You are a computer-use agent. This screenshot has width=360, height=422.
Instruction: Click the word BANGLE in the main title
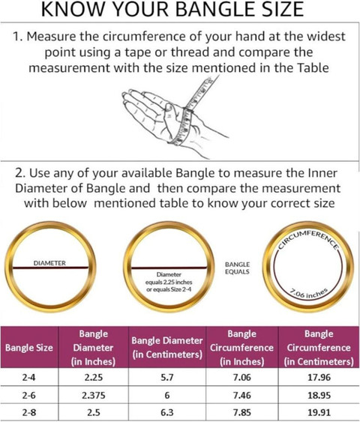point(214,10)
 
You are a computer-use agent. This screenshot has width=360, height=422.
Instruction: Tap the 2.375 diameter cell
point(94,395)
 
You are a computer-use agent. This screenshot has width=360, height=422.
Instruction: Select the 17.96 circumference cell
point(319,377)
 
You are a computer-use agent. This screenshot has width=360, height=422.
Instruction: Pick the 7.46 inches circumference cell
point(242,395)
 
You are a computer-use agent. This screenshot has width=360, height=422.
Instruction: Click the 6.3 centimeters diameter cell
point(167,412)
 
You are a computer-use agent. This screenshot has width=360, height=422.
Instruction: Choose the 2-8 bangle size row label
point(28,412)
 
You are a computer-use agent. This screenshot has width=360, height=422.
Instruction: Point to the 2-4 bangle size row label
point(28,377)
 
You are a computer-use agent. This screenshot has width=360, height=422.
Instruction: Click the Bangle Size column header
point(29,348)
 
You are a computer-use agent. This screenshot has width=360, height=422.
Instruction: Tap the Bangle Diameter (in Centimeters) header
point(167,348)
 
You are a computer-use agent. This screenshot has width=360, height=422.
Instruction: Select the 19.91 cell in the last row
point(319,412)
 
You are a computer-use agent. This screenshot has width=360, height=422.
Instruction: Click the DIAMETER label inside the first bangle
point(49,263)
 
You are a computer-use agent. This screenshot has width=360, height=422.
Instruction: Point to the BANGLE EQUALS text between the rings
point(237,268)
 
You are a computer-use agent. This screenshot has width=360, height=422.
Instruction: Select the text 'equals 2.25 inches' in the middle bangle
point(169,283)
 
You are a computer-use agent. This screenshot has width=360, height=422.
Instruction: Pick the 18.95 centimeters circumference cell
point(319,395)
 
